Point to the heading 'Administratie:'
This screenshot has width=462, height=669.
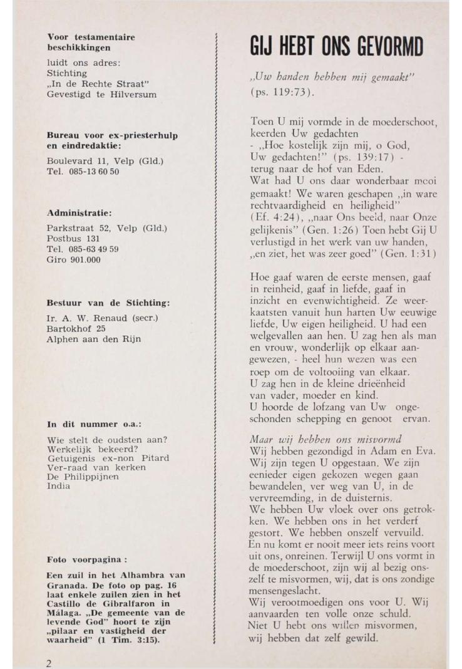[80, 214]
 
